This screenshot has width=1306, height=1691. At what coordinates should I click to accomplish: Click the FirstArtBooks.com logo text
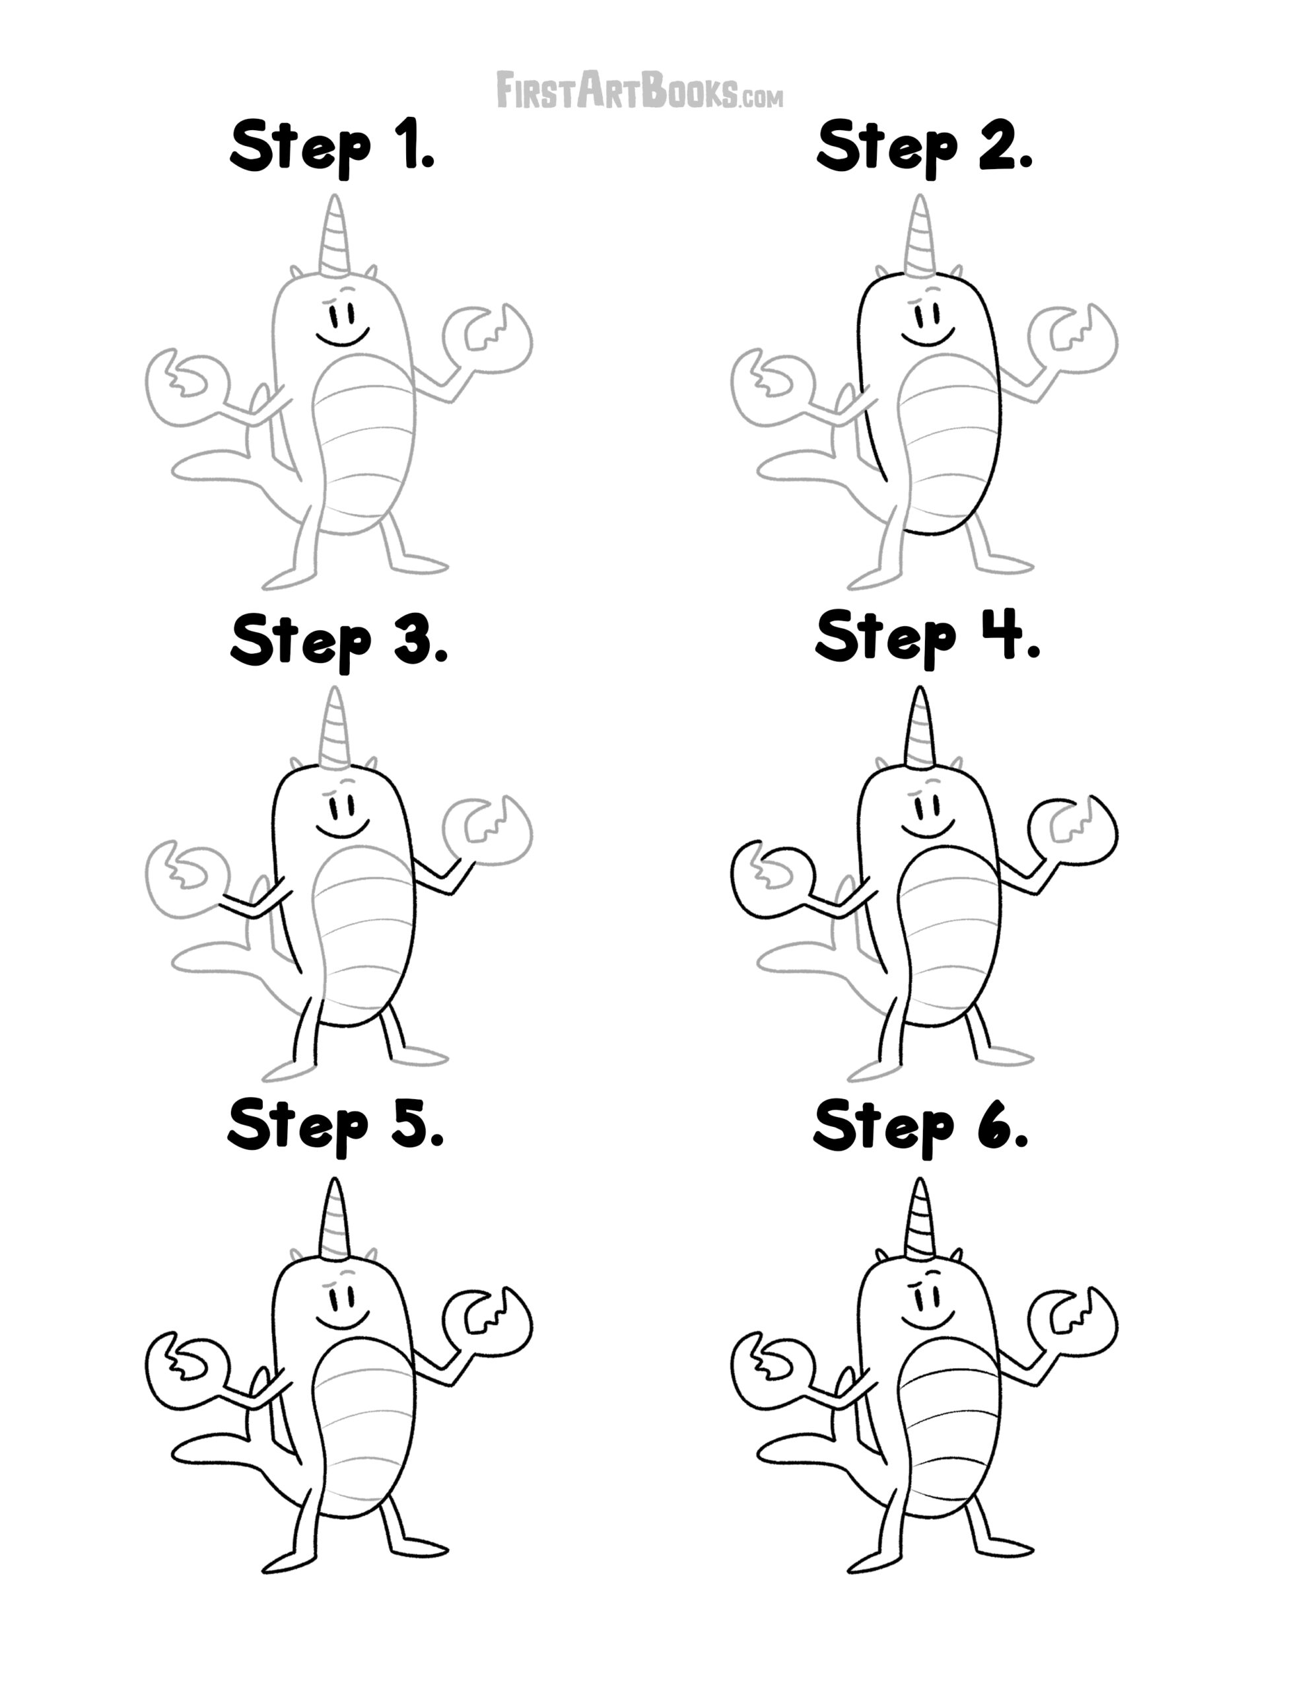click(639, 90)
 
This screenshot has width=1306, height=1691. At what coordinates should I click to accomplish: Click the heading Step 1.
click(333, 147)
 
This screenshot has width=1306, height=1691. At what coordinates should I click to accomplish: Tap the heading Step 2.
click(924, 147)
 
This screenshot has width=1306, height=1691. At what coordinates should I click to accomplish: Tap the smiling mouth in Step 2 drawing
click(928, 338)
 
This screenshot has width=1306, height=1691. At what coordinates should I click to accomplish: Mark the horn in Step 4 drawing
click(920, 727)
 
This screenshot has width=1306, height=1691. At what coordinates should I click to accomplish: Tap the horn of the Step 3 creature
click(335, 727)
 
